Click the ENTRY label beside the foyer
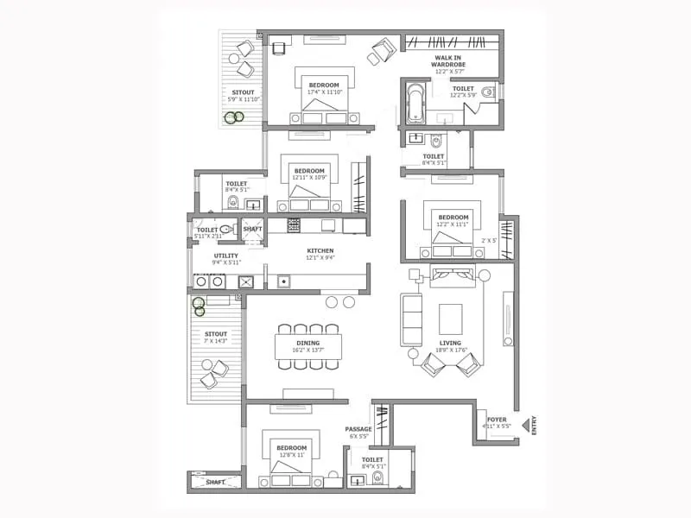pyautogui.click(x=535, y=426)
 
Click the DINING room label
pyautogui.click(x=307, y=343)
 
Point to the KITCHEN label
pyautogui.click(x=320, y=251)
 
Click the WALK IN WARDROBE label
pyautogui.click(x=450, y=61)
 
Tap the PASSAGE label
pyautogui.click(x=358, y=429)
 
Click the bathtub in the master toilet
pyautogui.click(x=415, y=102)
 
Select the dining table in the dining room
pyautogui.click(x=308, y=346)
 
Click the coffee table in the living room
pyautogui.click(x=451, y=319)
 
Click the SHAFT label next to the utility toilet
pyautogui.click(x=252, y=229)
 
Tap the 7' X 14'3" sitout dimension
pyautogui.click(x=215, y=341)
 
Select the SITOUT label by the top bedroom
pyautogui.click(x=243, y=92)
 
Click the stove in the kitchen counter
pyautogui.click(x=294, y=224)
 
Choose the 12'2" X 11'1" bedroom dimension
pyautogui.click(x=453, y=224)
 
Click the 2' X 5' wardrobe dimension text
pyautogui.click(x=491, y=241)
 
